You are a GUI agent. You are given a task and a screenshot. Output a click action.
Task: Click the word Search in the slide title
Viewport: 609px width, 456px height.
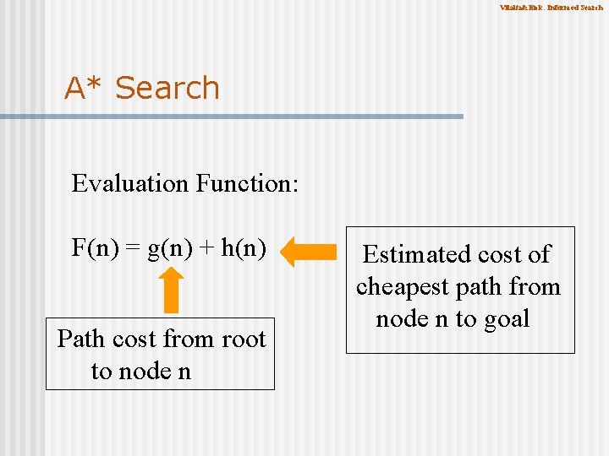pos(167,88)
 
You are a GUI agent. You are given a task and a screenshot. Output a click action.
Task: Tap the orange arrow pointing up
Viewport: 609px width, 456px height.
pos(171,289)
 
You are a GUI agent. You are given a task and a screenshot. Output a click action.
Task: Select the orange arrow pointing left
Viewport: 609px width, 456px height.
pos(308,252)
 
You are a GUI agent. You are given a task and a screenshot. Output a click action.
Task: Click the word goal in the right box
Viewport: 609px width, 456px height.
pos(505,319)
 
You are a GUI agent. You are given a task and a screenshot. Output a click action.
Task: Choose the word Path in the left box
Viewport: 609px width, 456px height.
pos(79,339)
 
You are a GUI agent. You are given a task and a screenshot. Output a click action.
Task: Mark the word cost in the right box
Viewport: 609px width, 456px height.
pos(499,254)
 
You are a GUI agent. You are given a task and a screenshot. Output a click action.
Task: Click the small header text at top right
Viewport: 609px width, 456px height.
pos(551,8)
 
